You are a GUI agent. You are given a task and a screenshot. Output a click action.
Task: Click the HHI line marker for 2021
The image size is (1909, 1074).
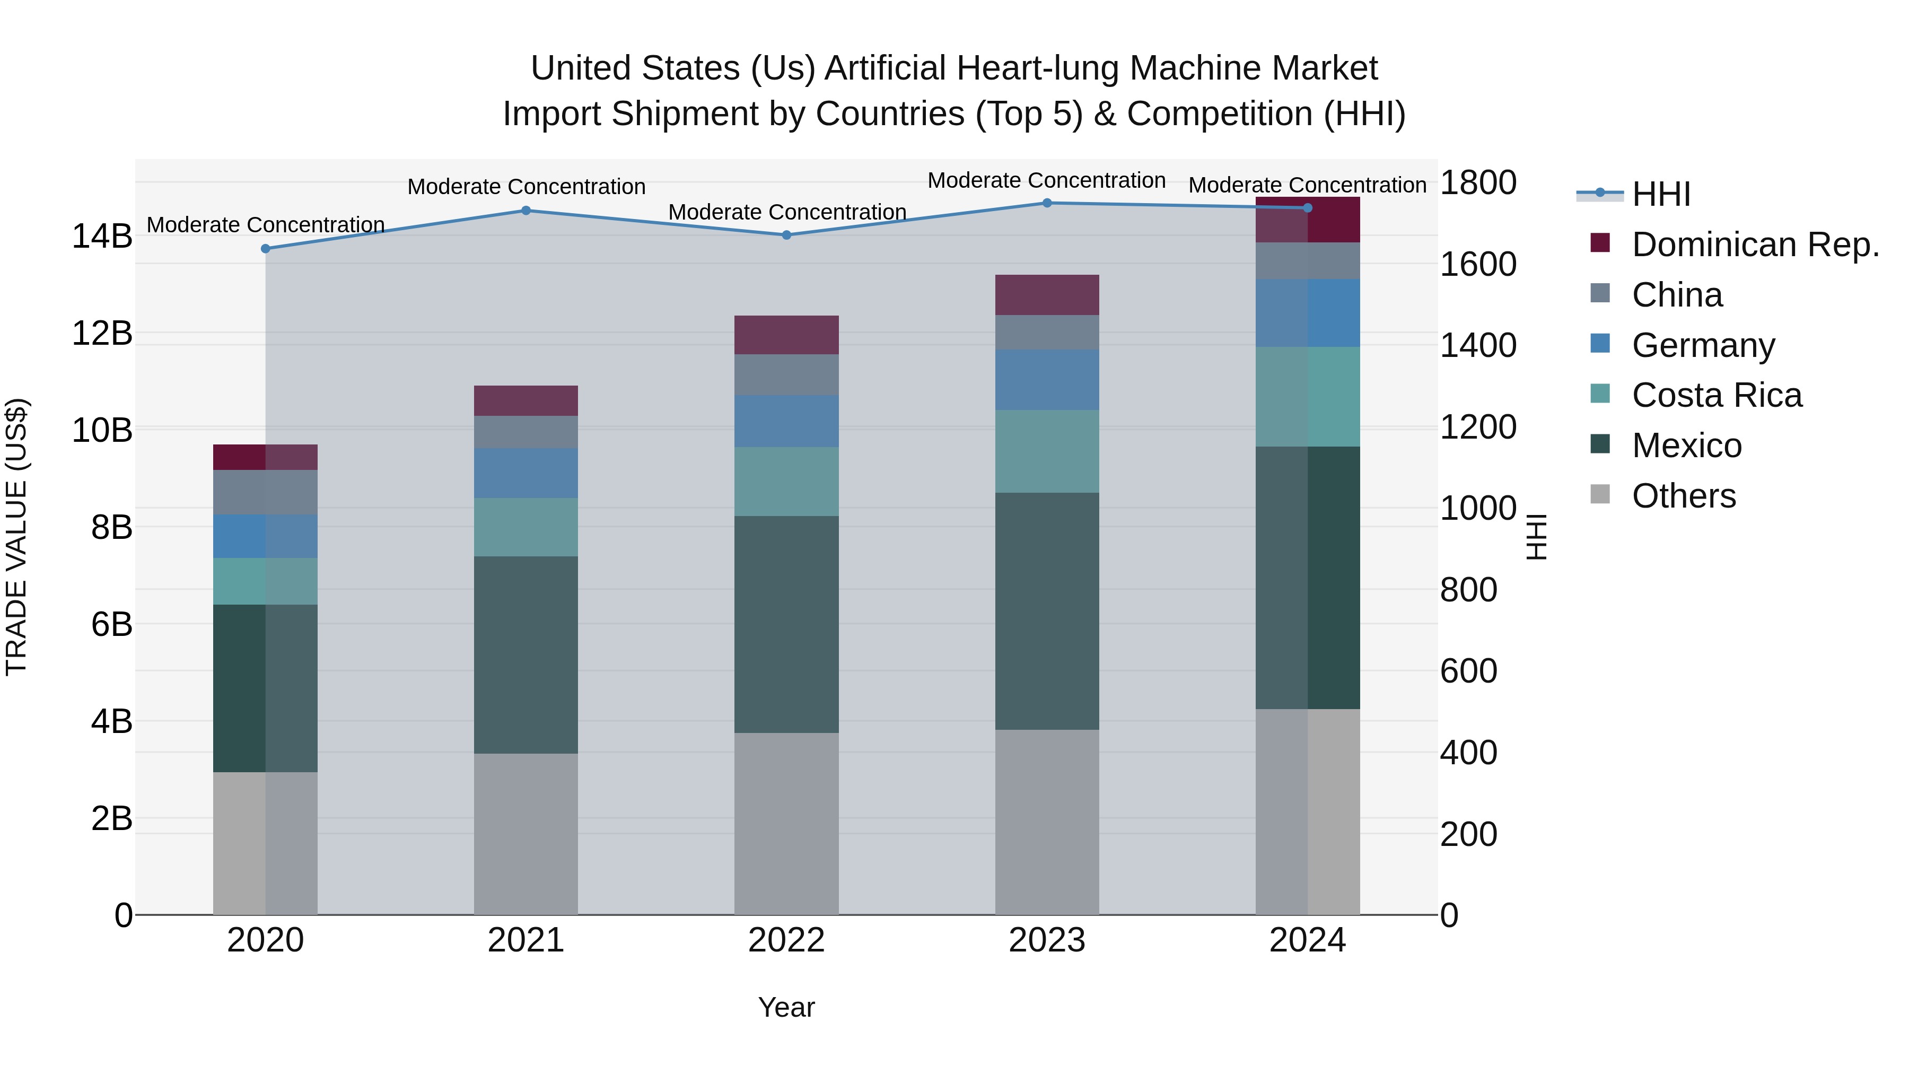[x=526, y=211]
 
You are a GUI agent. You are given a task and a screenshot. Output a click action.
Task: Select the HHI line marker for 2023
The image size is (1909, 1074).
[x=1047, y=203]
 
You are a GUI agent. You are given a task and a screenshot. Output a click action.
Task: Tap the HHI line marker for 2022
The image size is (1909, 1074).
[x=787, y=235]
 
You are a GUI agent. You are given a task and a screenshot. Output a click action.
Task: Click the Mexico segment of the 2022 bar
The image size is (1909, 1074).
[x=786, y=624]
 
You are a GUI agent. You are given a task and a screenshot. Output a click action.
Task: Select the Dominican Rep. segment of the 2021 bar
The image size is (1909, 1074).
[x=526, y=401]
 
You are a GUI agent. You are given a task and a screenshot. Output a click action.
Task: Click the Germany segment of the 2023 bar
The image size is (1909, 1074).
[x=1047, y=380]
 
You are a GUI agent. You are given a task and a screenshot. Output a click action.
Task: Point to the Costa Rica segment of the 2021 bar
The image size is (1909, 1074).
[x=526, y=527]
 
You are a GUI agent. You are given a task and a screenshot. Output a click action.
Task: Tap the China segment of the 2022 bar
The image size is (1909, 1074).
[x=786, y=374]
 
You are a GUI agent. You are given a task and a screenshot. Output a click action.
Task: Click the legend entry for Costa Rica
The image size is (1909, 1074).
[x=1717, y=395]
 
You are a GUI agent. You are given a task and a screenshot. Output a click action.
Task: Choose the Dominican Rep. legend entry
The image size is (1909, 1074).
[x=1755, y=244]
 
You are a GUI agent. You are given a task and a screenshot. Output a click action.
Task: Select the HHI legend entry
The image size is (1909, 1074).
[x=1660, y=194]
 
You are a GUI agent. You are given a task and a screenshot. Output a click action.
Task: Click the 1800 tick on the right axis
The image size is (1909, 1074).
[x=1478, y=182]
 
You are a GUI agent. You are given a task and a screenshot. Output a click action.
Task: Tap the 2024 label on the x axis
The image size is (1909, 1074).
[x=1307, y=940]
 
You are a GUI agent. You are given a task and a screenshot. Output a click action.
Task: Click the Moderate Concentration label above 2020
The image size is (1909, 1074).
[x=265, y=224]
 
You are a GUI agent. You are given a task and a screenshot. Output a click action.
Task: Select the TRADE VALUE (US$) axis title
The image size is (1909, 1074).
[x=16, y=537]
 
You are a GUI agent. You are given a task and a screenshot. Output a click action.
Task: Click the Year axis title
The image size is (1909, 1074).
[x=786, y=1007]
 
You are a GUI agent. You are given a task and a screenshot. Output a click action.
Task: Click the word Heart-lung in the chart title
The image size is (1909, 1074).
[x=1038, y=68]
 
